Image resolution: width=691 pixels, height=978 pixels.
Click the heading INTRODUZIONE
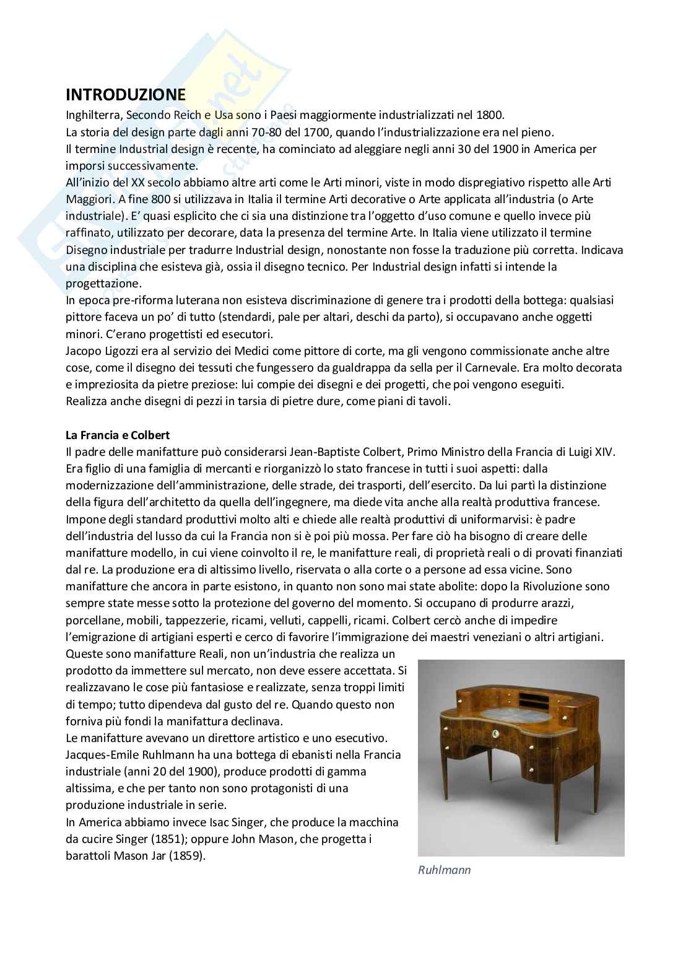[125, 95]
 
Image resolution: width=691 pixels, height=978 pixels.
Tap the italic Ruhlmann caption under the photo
[444, 870]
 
